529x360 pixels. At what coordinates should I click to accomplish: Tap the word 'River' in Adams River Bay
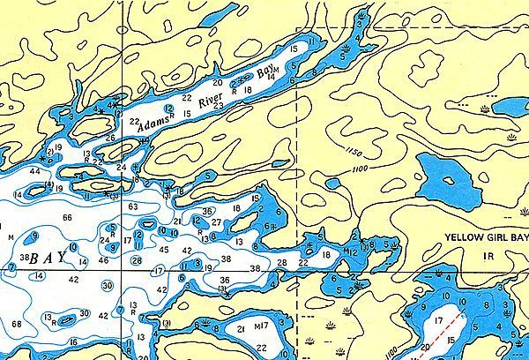[210, 104]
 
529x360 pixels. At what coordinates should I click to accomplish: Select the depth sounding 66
[67, 217]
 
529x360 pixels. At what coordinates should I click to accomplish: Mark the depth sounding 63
[133, 206]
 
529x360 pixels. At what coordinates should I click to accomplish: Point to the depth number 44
[34, 170]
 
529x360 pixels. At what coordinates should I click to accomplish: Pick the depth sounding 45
[164, 250]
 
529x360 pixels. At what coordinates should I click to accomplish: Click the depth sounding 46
[104, 261]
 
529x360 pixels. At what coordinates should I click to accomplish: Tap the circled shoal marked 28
[136, 260]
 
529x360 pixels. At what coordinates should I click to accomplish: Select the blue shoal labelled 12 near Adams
[168, 109]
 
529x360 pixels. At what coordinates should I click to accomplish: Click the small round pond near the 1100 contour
[332, 184]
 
